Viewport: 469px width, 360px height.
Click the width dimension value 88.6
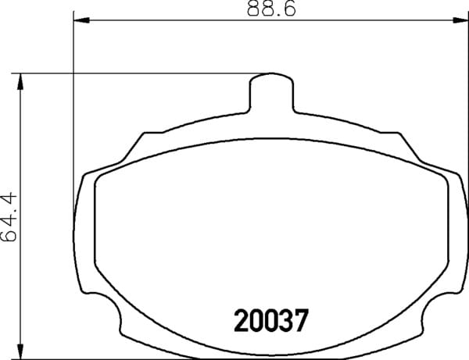coord(271,8)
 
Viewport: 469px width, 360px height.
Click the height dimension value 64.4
coord(9,217)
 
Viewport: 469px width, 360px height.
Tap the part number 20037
coord(271,321)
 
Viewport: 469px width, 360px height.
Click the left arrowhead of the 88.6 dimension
coord(81,20)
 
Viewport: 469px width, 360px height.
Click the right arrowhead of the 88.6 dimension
coord(460,20)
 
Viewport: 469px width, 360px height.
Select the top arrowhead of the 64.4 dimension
coord(20,81)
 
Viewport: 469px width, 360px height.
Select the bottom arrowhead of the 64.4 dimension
coord(20,350)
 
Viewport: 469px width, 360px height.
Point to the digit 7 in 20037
coord(301,321)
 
